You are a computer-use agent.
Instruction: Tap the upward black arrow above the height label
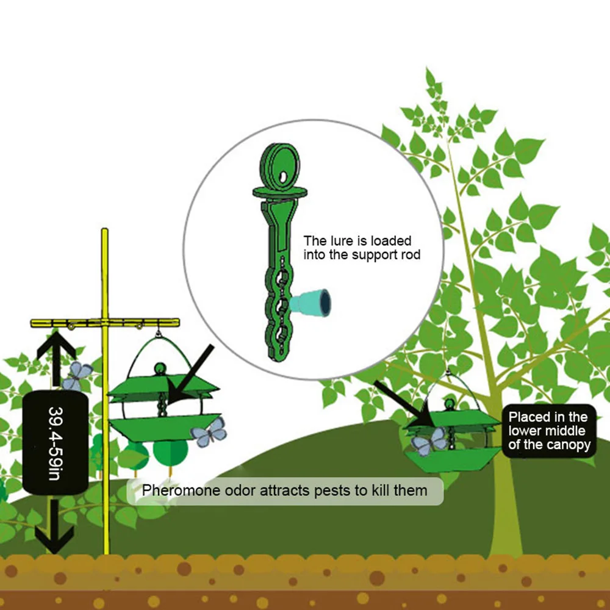coord(56,354)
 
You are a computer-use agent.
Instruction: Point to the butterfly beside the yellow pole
coord(77,374)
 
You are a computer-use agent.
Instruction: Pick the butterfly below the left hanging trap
coord(209,432)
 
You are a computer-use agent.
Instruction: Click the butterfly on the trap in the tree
coord(428,441)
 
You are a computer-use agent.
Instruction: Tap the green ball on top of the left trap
coord(160,368)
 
